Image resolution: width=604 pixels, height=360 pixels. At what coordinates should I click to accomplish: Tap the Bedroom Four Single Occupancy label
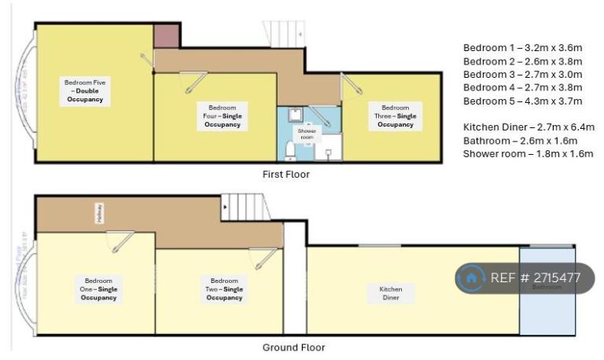[x=223, y=116]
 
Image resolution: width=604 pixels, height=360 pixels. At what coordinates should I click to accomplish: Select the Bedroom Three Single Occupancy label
[x=394, y=116]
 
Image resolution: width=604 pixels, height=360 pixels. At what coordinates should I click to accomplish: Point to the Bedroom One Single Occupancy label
[x=98, y=288]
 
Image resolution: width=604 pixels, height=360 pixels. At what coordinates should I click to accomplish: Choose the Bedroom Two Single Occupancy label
[x=224, y=288]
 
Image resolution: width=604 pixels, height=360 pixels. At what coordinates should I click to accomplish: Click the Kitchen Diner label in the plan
[x=391, y=293]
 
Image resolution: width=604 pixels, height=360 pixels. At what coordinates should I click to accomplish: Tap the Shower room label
[x=308, y=133]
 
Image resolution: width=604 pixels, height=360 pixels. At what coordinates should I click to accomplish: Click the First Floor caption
[x=285, y=174]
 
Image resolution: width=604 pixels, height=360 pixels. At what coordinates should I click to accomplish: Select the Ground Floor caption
[x=293, y=347]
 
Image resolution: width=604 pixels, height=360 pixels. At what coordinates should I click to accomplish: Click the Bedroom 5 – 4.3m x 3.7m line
[x=522, y=101]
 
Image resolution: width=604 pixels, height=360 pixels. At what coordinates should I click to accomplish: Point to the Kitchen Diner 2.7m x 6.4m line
[x=528, y=127]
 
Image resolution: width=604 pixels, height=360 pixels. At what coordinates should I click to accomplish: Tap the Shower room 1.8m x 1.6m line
[x=528, y=154]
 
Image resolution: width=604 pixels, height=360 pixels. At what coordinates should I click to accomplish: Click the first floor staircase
[x=283, y=34]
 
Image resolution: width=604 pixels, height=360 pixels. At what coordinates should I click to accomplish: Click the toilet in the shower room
[x=289, y=149]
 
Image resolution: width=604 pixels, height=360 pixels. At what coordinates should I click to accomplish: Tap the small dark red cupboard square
[x=166, y=36]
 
